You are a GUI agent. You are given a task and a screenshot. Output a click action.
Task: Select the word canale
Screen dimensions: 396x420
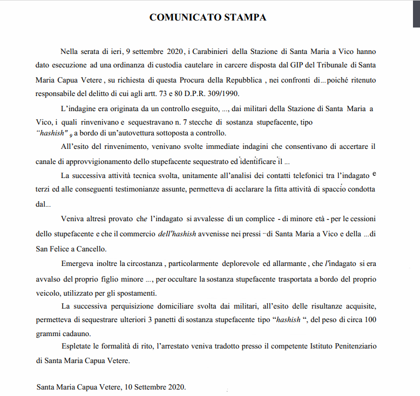[x=48, y=161]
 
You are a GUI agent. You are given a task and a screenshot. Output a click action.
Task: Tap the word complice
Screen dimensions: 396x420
[x=254, y=219]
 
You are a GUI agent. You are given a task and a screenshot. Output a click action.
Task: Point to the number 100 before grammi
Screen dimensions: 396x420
[x=370, y=319]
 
